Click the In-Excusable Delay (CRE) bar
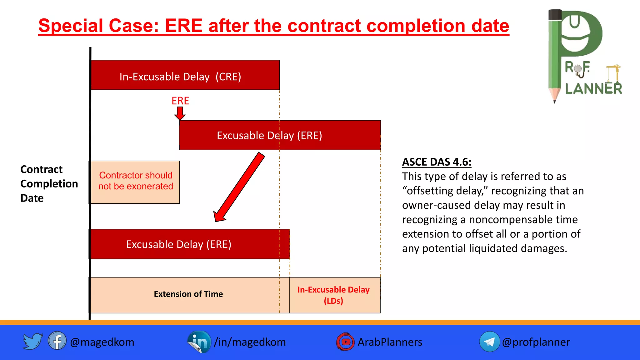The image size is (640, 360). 185,75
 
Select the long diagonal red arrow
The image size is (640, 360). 239,187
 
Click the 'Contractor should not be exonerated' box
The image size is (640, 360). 135,182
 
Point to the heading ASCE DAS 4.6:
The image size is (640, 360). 436,162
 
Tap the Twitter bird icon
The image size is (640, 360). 32,341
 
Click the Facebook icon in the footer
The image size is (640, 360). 57,341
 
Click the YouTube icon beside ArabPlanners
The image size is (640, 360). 345,342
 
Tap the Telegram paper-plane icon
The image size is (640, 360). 489,342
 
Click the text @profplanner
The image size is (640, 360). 536,342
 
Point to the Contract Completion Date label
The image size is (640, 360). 49,184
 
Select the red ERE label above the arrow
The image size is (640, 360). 180,101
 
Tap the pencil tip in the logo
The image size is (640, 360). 555,99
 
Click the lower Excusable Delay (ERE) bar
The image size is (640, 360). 189,244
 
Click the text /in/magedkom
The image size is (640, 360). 250,342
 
